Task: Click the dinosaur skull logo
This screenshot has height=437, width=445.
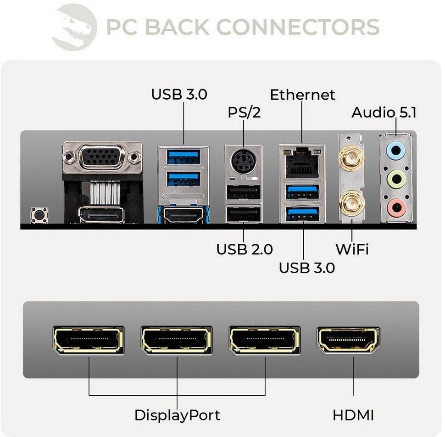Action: tap(73, 27)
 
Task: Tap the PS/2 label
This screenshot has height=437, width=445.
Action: tap(244, 112)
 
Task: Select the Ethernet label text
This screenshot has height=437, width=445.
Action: tap(302, 95)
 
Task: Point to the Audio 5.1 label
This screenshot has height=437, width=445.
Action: tap(384, 112)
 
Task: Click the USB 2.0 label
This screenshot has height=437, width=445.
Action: tap(245, 249)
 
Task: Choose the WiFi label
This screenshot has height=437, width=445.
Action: tap(352, 249)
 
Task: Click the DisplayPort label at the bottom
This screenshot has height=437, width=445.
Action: tap(177, 415)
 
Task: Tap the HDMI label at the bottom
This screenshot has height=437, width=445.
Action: tap(353, 415)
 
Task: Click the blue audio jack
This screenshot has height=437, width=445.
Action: tap(395, 149)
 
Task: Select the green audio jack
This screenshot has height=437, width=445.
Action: tap(395, 178)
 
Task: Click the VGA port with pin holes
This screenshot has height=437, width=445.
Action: tap(102, 157)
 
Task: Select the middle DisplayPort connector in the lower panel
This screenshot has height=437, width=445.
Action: tap(177, 340)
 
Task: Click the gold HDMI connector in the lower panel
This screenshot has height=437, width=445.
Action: tap(348, 340)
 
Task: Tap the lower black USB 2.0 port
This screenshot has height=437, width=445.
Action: tap(244, 214)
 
